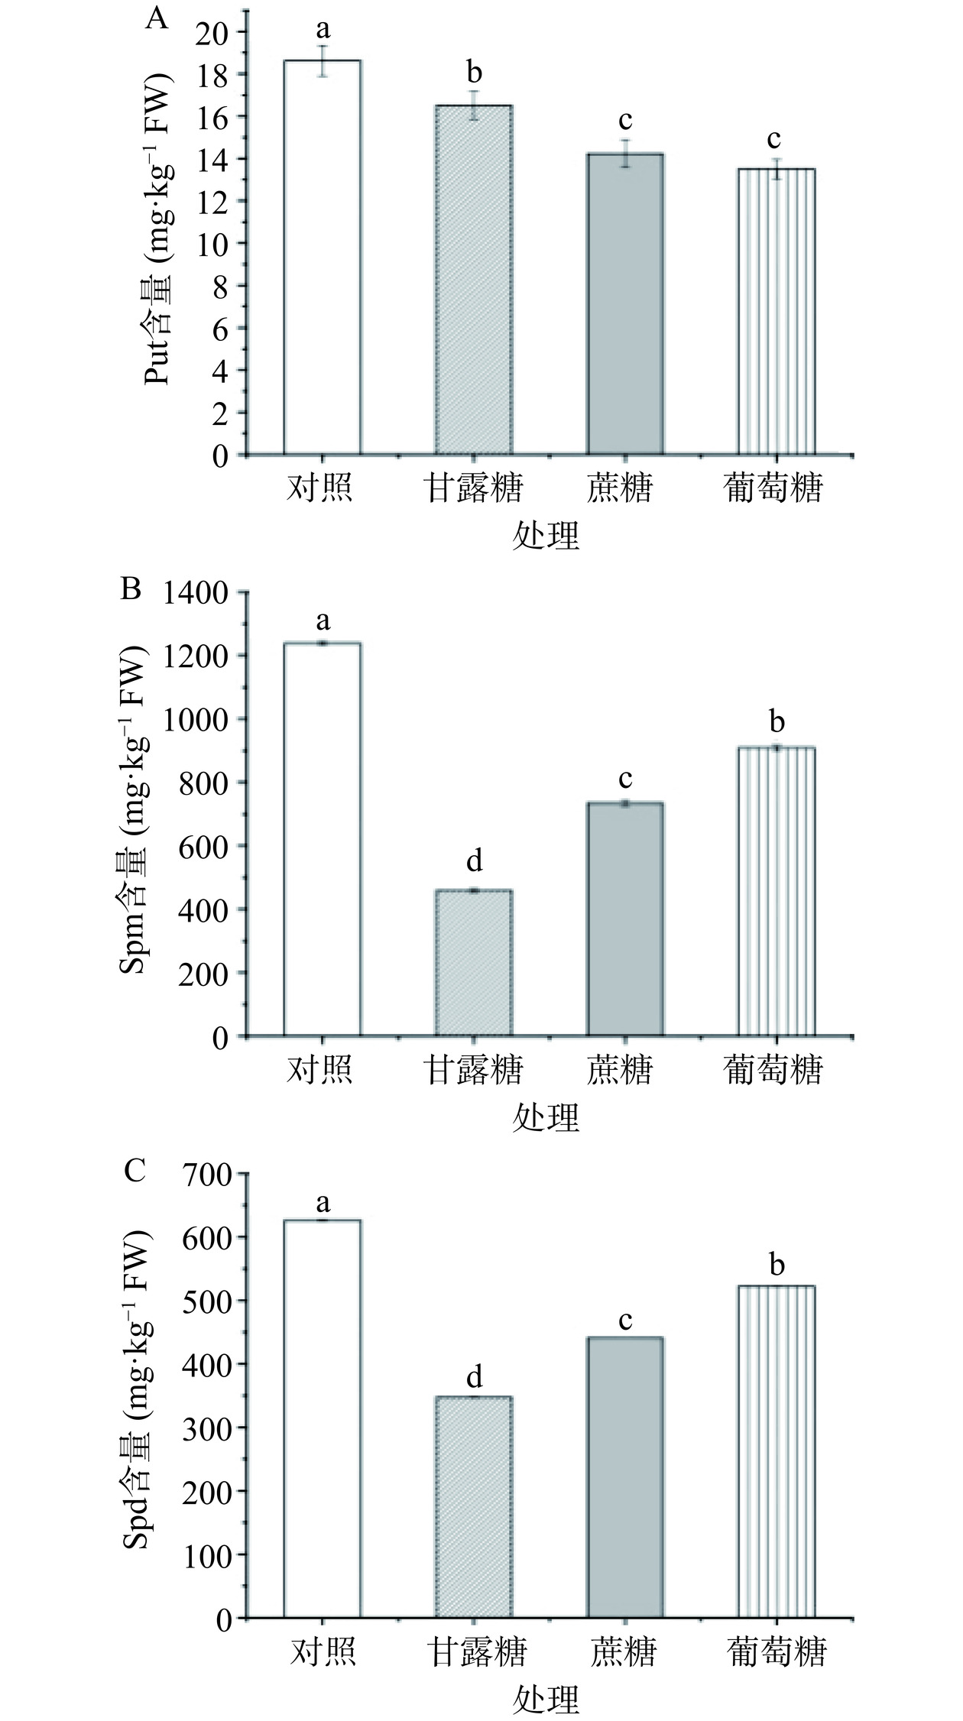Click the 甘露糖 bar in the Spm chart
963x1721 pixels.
tap(474, 963)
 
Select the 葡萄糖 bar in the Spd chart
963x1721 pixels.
tap(777, 1452)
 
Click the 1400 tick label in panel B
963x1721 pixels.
tap(194, 592)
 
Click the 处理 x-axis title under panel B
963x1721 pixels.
tap(546, 1117)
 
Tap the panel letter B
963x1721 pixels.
tap(131, 590)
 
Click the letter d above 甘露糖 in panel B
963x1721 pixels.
tap(474, 860)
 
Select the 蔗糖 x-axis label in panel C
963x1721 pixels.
tap(624, 1651)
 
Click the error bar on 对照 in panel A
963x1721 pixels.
tap(323, 61)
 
